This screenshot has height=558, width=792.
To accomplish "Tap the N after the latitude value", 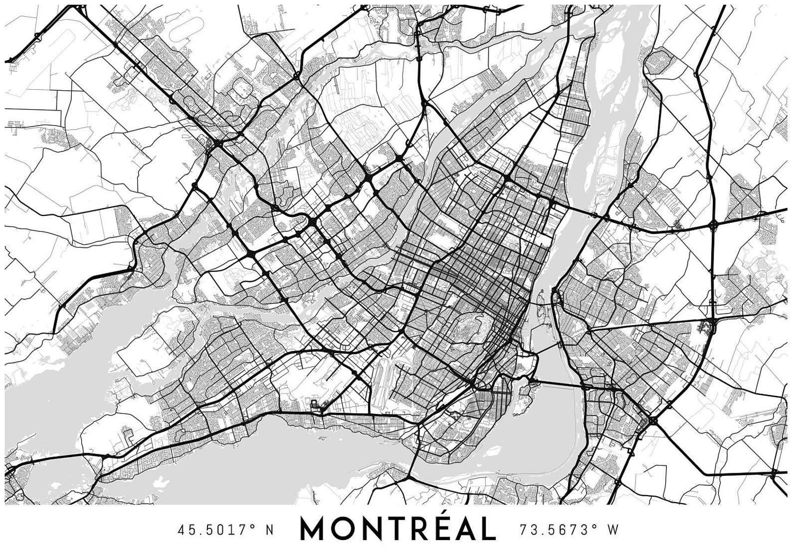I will pyautogui.click(x=270, y=530).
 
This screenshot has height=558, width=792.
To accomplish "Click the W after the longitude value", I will pyautogui.click(x=612, y=530).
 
